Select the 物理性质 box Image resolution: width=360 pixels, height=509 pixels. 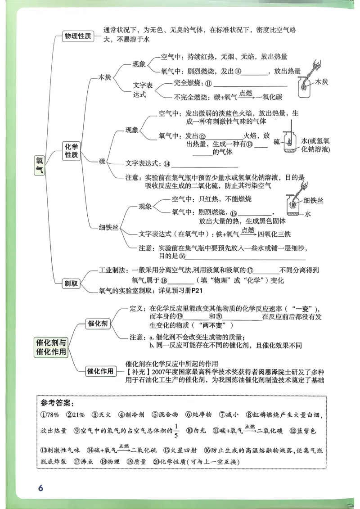click(x=78, y=36)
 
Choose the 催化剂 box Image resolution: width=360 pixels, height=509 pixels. click(x=98, y=324)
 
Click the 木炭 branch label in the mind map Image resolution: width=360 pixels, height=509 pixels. click(x=105, y=77)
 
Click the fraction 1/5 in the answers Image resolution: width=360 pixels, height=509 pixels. click(x=176, y=431)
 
